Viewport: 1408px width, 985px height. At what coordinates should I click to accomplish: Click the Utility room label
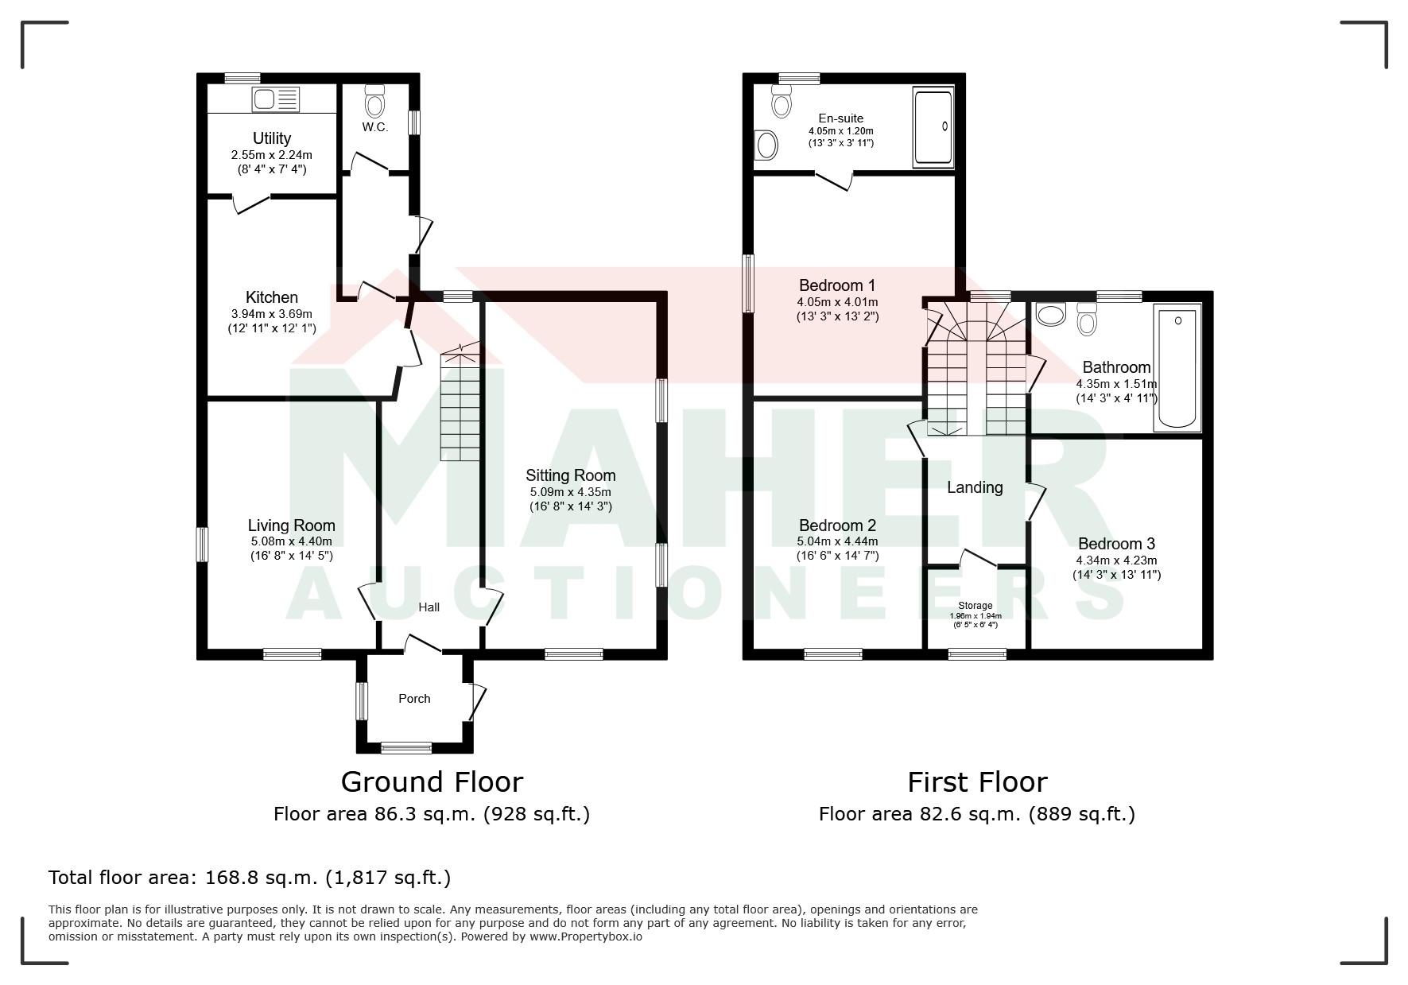point(272,138)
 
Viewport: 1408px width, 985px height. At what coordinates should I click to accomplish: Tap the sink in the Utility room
point(276,99)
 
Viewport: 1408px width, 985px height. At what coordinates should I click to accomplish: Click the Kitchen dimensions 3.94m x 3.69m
point(272,314)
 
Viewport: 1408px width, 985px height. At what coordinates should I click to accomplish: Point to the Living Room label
point(292,525)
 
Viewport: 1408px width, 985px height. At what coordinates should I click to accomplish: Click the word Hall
point(429,607)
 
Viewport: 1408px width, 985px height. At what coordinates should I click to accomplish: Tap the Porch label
point(414,699)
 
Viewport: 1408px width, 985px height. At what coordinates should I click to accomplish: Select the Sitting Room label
point(571,475)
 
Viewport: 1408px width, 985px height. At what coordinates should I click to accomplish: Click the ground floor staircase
point(460,401)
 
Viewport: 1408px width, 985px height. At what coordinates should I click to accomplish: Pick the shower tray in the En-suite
point(933,128)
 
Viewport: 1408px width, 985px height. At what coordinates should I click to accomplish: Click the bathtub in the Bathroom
point(1178,367)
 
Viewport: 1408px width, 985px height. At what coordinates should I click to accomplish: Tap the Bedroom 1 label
point(837,285)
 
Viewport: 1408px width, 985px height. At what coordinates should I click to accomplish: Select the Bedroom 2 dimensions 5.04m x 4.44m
point(838,542)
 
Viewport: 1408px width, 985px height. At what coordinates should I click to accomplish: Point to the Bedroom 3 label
point(1116,544)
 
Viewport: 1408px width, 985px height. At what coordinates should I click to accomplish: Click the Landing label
point(975,488)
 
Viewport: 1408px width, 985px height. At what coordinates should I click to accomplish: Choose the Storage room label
point(976,606)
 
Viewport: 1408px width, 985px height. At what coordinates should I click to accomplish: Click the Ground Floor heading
point(432,782)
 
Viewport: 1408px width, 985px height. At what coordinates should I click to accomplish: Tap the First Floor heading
point(977,782)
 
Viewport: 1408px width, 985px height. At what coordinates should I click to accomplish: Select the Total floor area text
point(250,878)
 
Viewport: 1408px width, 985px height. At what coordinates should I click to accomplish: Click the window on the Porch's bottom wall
point(406,747)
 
